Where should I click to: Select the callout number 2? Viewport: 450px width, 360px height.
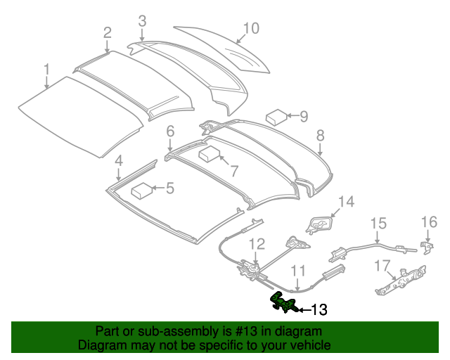107,32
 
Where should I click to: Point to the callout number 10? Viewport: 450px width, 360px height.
251,28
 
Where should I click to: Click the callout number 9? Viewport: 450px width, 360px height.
304,115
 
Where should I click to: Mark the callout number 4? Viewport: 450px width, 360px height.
119,160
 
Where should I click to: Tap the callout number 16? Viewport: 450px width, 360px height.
429,223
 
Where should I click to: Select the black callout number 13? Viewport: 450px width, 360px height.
319,309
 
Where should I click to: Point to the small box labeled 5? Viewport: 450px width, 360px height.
143,188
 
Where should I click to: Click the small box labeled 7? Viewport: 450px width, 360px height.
210,154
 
